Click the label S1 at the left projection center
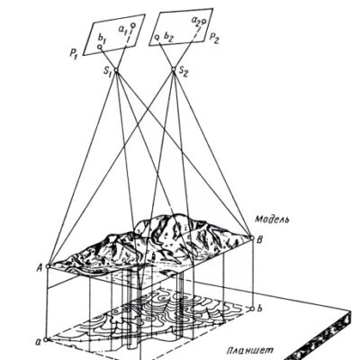pyautogui.click(x=107, y=74)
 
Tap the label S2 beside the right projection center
pyautogui.click(x=183, y=72)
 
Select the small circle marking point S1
pyautogui.click(x=116, y=70)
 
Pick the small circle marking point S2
pyautogui.click(x=173, y=69)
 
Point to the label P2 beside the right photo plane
pyautogui.click(x=214, y=38)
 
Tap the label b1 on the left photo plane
pyautogui.click(x=103, y=39)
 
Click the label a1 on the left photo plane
pyautogui.click(x=123, y=30)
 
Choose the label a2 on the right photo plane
pyautogui.click(x=196, y=21)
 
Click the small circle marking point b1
pyautogui.click(x=100, y=47)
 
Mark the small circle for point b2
pyautogui.click(x=157, y=38)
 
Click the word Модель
pyautogui.click(x=273, y=220)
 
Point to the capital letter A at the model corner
pyautogui.click(x=40, y=266)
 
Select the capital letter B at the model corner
pyautogui.click(x=260, y=239)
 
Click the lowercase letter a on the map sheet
pyautogui.click(x=38, y=341)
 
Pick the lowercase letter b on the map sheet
pyautogui.click(x=260, y=309)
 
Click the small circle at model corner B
pyautogui.click(x=252, y=238)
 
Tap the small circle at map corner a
pyautogui.click(x=46, y=340)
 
